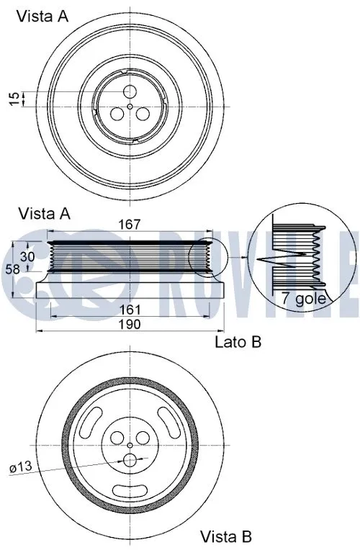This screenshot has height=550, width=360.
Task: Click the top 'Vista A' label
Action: click(x=43, y=17)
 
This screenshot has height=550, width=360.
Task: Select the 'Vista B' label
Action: click(x=225, y=536)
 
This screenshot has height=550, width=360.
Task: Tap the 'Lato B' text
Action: click(x=238, y=342)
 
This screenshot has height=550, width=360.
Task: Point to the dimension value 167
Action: click(x=130, y=225)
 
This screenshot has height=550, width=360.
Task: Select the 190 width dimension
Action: click(x=130, y=325)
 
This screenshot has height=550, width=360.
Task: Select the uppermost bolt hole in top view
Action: click(x=130, y=91)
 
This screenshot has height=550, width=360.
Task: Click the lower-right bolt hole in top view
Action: click(x=143, y=114)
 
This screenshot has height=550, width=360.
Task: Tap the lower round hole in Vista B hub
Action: click(x=130, y=460)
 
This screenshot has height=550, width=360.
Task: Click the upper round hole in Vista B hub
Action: click(x=130, y=438)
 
